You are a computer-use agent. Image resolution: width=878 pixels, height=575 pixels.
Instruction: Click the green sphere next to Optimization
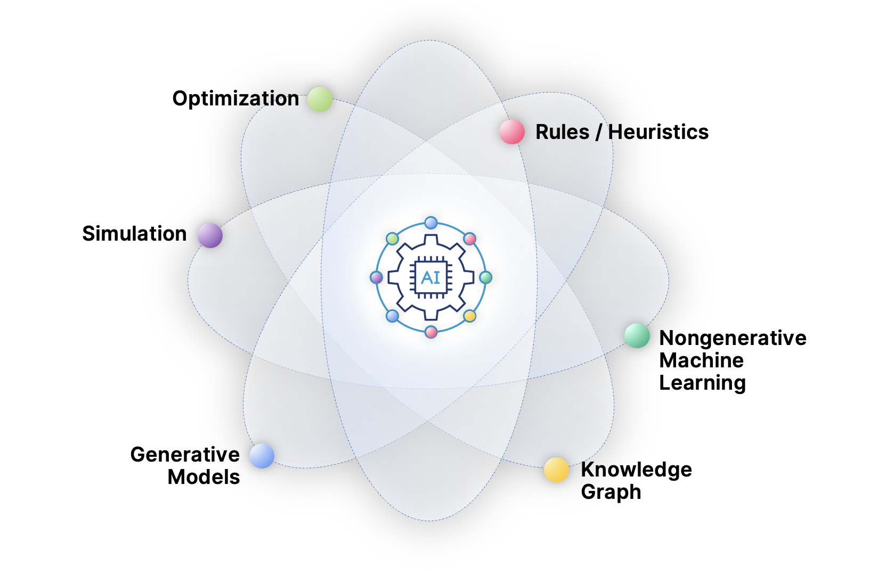[x=320, y=99]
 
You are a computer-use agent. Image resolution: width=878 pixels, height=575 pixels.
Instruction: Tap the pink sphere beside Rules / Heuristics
[x=512, y=132]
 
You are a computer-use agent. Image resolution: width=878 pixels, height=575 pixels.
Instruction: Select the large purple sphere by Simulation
[x=210, y=235]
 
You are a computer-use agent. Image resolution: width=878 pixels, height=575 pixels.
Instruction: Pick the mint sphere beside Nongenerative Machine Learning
[x=637, y=335]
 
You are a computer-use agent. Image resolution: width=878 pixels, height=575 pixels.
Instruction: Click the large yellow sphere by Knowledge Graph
[x=556, y=470]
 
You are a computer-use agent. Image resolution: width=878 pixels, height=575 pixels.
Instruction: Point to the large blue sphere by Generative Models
[x=262, y=456]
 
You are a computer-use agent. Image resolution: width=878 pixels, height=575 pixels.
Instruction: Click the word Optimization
[x=235, y=98]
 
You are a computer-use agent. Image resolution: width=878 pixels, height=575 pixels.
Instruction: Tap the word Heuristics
[x=658, y=132]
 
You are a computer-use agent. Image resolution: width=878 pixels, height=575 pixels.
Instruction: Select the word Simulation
[x=134, y=234]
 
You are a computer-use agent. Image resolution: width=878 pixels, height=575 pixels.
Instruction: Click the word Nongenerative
[x=733, y=338]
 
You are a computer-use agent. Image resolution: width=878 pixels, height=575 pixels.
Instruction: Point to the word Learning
[x=702, y=383]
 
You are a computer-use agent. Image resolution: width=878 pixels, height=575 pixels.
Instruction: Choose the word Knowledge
[x=636, y=470]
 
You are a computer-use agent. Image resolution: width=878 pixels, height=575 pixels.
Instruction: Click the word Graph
[x=611, y=492]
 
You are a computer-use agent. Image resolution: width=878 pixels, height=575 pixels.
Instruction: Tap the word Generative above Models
[x=185, y=455]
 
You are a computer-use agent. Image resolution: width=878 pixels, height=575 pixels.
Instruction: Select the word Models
[x=204, y=477]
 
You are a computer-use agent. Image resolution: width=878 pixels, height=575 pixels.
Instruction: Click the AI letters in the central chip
[x=430, y=277]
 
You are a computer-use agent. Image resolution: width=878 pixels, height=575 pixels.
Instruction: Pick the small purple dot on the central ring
[x=377, y=277]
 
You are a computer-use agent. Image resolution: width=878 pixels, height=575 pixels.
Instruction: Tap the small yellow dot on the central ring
[x=469, y=316]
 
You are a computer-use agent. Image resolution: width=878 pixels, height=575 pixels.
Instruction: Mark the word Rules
[x=562, y=132]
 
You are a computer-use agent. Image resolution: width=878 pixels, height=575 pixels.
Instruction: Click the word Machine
[x=701, y=360]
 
